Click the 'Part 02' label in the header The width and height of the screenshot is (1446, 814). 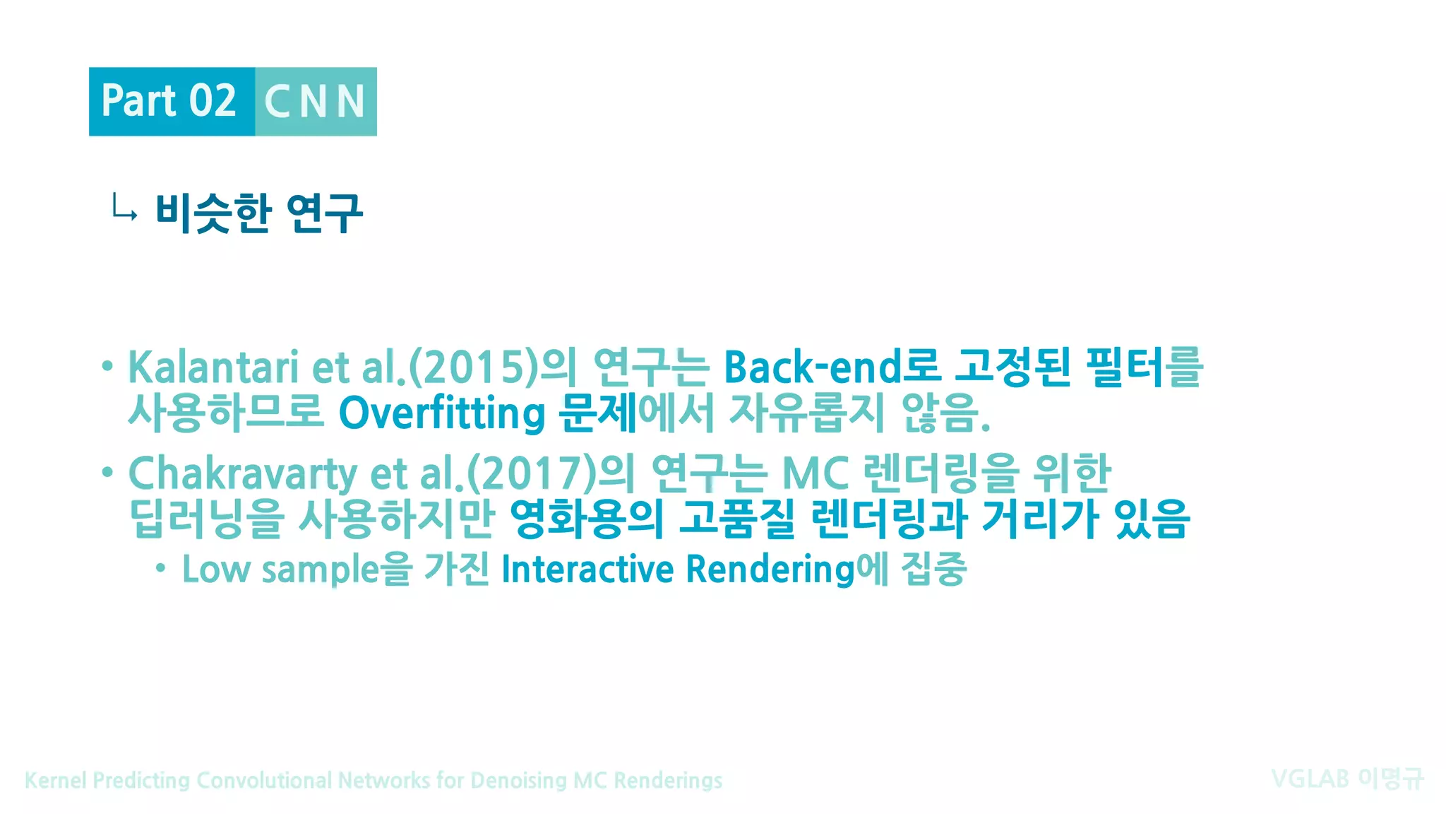point(169,101)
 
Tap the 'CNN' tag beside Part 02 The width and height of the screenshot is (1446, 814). point(315,102)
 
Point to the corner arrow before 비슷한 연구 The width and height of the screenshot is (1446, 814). point(124,208)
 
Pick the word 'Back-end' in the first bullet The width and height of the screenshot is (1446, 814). point(812,367)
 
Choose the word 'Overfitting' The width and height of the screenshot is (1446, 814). point(442,413)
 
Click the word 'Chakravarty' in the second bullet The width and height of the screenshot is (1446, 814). point(243,473)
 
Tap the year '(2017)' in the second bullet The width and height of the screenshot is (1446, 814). point(532,473)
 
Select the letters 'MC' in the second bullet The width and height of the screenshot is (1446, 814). point(815,473)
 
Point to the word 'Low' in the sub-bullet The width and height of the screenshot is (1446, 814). point(212,570)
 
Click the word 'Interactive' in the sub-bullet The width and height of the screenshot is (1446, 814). point(587,570)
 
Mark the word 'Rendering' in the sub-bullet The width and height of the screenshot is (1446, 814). point(770,570)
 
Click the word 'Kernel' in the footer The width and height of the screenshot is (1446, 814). point(55,781)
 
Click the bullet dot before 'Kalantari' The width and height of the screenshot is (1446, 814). point(107,366)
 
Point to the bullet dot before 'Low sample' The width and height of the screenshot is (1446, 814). point(161,568)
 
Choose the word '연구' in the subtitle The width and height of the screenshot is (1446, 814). point(325,213)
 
